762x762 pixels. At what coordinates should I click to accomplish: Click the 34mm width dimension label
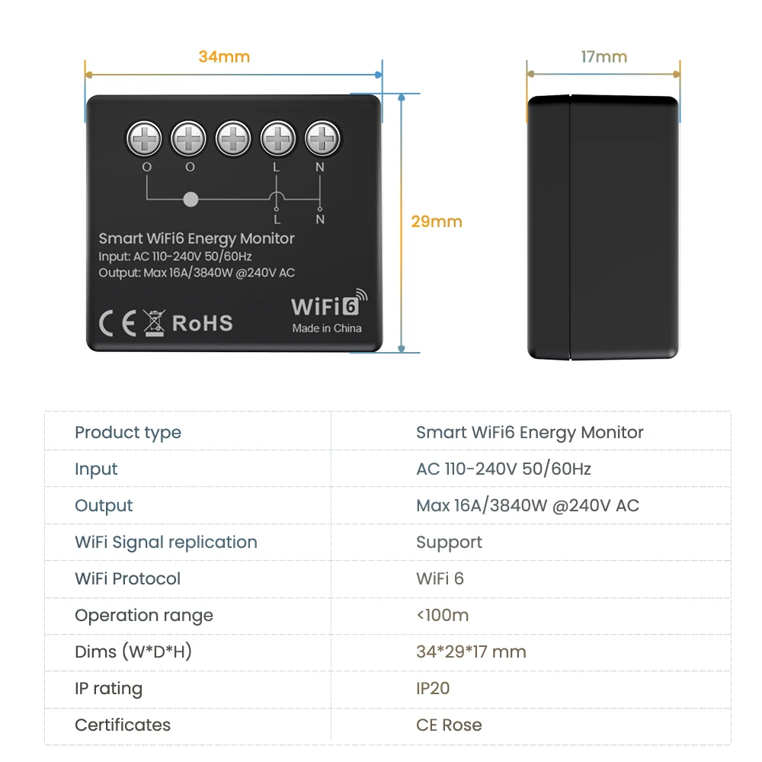(224, 57)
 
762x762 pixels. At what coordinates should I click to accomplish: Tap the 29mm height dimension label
(437, 222)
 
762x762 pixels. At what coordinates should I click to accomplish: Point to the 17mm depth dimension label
(604, 57)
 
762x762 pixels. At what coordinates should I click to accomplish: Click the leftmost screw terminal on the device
(145, 139)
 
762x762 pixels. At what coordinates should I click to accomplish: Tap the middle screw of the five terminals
(233, 139)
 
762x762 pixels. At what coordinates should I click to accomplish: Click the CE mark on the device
(118, 323)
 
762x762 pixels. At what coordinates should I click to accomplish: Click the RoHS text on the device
(202, 323)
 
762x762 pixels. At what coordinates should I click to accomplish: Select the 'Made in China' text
(327, 328)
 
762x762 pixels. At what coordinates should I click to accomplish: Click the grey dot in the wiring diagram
(191, 200)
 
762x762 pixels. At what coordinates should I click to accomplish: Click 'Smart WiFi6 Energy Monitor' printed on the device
(197, 239)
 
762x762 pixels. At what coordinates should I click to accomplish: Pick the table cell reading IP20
(433, 689)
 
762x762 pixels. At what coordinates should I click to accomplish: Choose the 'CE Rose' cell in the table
(449, 725)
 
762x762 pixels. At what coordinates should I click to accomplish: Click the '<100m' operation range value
(442, 616)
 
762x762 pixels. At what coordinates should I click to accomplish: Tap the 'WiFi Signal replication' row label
(166, 543)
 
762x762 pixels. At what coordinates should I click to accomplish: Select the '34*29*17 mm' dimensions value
(471, 652)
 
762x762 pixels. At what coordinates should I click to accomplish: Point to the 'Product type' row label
(128, 433)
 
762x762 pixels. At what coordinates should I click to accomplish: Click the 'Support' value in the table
(449, 543)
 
